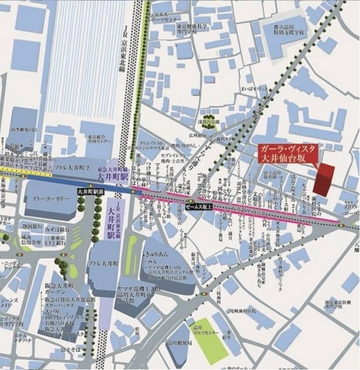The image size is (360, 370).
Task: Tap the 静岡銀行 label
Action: tap(32, 224)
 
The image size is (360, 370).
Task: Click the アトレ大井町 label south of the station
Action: tap(106, 264)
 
